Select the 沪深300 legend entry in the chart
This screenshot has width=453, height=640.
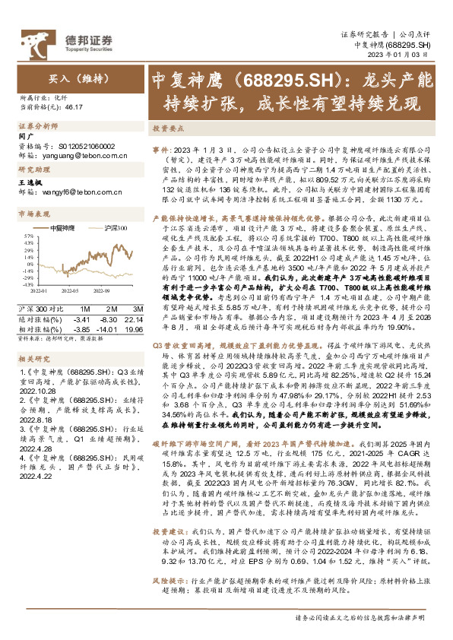point(115,227)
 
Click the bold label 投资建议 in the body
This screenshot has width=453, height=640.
point(167,575)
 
